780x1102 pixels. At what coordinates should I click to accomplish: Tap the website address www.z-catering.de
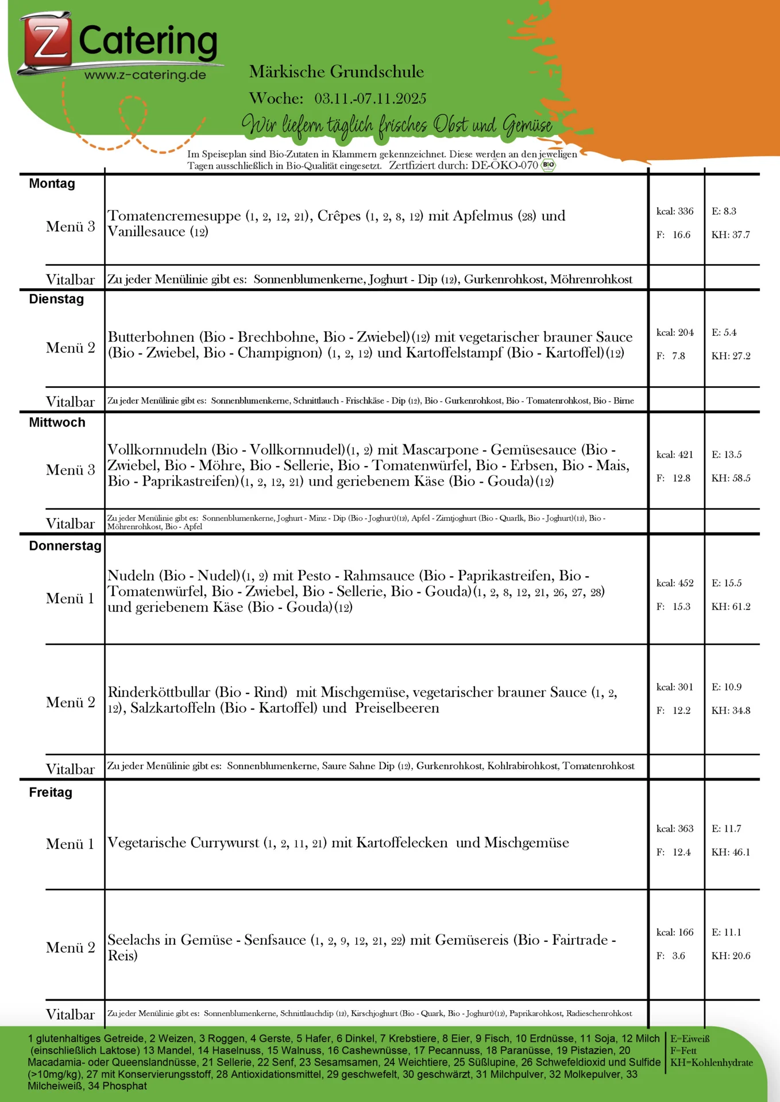click(145, 75)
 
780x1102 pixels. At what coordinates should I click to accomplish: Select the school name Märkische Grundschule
click(337, 72)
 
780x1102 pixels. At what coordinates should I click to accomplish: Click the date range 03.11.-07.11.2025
click(370, 99)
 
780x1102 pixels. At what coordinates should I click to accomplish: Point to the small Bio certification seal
click(549, 165)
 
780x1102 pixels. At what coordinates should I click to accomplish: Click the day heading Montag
click(52, 184)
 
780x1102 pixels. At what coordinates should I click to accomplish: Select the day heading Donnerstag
click(65, 546)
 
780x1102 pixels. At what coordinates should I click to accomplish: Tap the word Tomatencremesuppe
click(175, 216)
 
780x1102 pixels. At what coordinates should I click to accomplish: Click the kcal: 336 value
click(675, 211)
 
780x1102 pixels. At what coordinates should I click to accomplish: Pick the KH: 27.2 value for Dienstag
click(731, 356)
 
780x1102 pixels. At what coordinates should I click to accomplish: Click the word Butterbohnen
click(151, 337)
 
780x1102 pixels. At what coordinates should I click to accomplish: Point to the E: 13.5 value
click(727, 455)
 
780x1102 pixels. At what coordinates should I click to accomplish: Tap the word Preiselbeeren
click(397, 708)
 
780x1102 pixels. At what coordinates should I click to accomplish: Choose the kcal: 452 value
click(675, 583)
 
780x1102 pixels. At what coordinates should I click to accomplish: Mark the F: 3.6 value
click(671, 956)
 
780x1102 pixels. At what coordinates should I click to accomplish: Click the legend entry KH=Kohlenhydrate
click(711, 1062)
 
